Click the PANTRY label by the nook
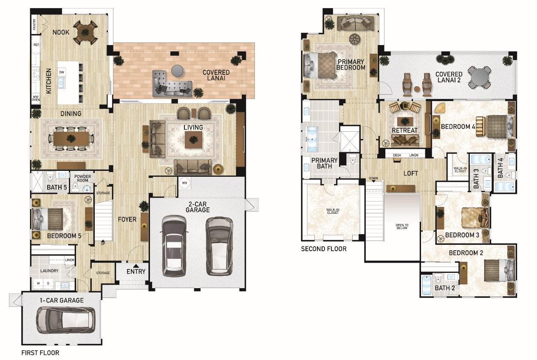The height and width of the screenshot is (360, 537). click(34, 24)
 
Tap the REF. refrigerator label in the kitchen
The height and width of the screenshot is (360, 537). click(36, 45)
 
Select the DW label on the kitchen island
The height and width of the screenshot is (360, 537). click(62, 72)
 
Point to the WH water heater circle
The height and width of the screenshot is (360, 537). click(184, 183)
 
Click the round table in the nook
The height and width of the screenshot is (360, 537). click(85, 32)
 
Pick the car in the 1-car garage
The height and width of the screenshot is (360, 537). click(65, 320)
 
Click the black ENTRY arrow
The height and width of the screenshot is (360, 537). click(136, 266)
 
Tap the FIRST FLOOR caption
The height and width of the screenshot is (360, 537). click(40, 353)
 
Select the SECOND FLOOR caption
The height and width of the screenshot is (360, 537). click(324, 249)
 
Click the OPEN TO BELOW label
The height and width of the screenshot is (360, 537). click(402, 227)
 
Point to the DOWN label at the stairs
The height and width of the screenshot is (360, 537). click(373, 178)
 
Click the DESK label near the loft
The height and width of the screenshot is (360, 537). click(397, 155)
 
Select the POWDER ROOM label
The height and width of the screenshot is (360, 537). click(83, 178)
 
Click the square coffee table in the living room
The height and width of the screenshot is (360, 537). click(193, 140)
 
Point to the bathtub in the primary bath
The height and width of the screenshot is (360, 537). click(312, 139)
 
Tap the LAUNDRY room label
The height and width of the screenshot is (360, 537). click(49, 271)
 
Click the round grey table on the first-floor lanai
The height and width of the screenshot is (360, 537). click(178, 71)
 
